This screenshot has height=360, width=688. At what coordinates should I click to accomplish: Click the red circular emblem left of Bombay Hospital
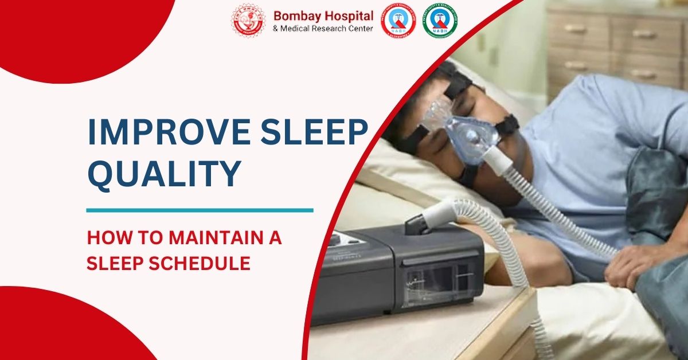point(248,21)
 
